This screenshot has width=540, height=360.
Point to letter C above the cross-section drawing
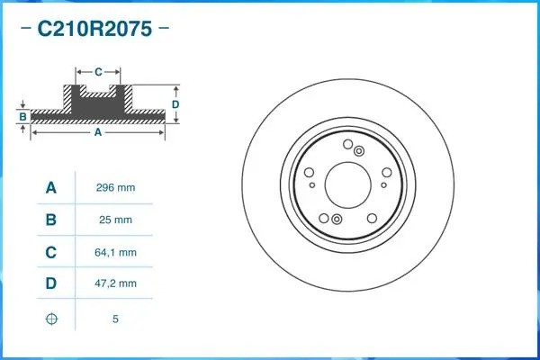(98, 69)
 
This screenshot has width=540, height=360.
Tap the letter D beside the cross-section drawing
(176, 104)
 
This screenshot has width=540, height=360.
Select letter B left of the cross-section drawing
(22, 117)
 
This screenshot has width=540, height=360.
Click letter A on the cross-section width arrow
(98, 132)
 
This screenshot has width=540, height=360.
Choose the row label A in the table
(51, 188)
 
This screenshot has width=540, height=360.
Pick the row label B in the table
(51, 220)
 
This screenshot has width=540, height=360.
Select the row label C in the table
(51, 253)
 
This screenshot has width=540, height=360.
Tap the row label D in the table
(51, 284)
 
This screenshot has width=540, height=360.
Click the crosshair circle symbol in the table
(51, 318)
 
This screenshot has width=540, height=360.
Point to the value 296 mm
(115, 188)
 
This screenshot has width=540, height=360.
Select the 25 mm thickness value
(115, 220)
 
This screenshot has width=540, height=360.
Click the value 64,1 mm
(115, 253)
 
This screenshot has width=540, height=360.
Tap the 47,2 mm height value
(115, 284)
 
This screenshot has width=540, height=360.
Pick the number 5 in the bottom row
(115, 319)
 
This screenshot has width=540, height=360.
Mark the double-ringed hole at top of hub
(358, 150)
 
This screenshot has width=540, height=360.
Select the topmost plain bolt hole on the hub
(346, 145)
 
